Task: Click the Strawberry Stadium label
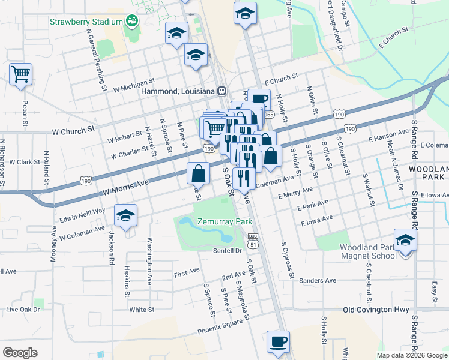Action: pyautogui.click(x=86, y=22)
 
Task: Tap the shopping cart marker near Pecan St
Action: pyautogui.click(x=20, y=74)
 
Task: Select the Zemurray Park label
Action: pyautogui.click(x=226, y=221)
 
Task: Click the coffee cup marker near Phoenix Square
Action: pyautogui.click(x=278, y=342)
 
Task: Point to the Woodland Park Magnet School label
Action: pyautogui.click(x=368, y=251)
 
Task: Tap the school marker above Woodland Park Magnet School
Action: pyautogui.click(x=405, y=241)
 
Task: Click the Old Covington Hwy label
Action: pyautogui.click(x=376, y=310)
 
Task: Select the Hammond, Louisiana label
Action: pyautogui.click(x=178, y=91)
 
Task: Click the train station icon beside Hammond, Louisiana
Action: pyautogui.click(x=222, y=91)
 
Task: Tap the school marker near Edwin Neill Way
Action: pyautogui.click(x=125, y=216)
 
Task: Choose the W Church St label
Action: pyautogui.click(x=74, y=130)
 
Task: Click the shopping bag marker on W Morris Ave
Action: pyautogui.click(x=198, y=174)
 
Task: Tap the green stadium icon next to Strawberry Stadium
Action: pyautogui.click(x=131, y=22)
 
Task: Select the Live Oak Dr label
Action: pyautogui.click(x=23, y=310)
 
